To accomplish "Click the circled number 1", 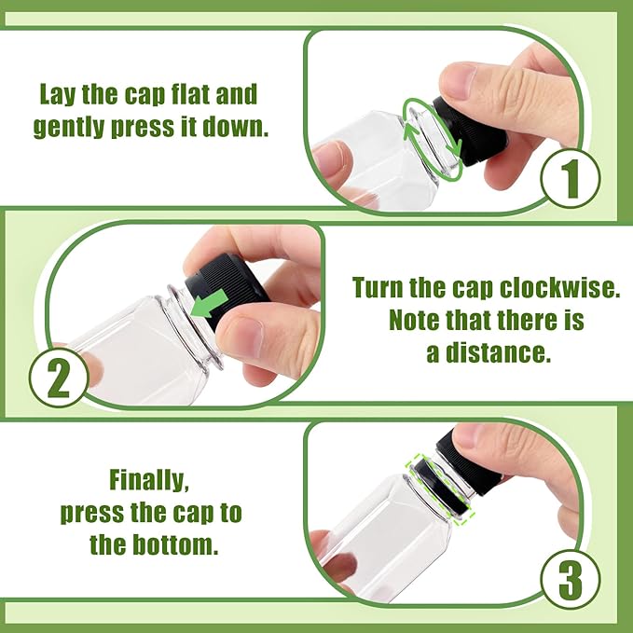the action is click(571, 178).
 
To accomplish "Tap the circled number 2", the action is click(59, 377).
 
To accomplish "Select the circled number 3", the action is click(571, 580).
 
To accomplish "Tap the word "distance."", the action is click(498, 352).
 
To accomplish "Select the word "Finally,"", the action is click(149, 481).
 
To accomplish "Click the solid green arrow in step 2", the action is click(209, 305).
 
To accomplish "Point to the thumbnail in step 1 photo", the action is click(458, 81).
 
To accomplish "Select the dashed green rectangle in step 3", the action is click(441, 489).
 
